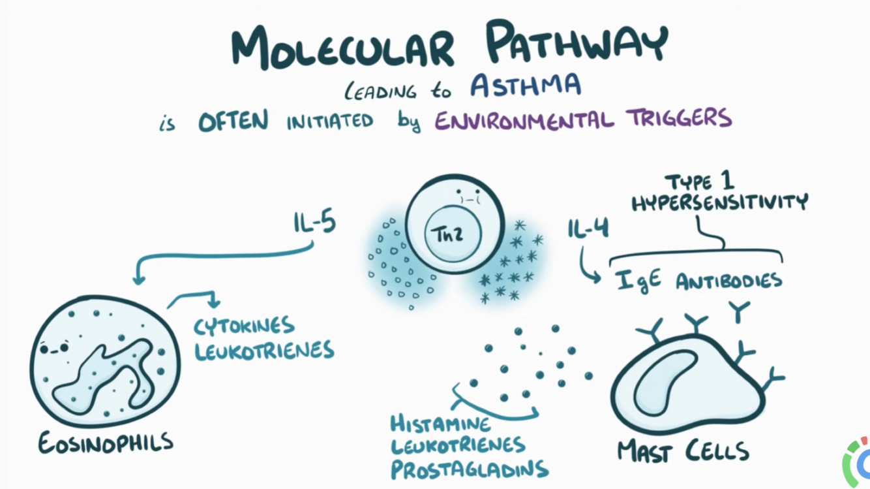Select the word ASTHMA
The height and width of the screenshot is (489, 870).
point(526,86)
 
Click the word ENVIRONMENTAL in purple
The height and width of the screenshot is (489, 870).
point(524,120)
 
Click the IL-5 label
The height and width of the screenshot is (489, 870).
point(314,223)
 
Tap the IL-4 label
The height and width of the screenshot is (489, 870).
point(588,229)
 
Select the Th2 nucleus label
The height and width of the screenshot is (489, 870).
point(447,234)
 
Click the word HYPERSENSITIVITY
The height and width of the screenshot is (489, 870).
point(720,202)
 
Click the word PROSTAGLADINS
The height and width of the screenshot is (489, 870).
point(469,469)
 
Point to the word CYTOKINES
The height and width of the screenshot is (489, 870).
point(244,325)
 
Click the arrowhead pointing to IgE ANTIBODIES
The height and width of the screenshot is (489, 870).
point(595,278)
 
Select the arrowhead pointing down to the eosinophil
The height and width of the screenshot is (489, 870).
point(138,279)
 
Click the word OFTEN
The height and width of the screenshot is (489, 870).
point(233,121)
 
